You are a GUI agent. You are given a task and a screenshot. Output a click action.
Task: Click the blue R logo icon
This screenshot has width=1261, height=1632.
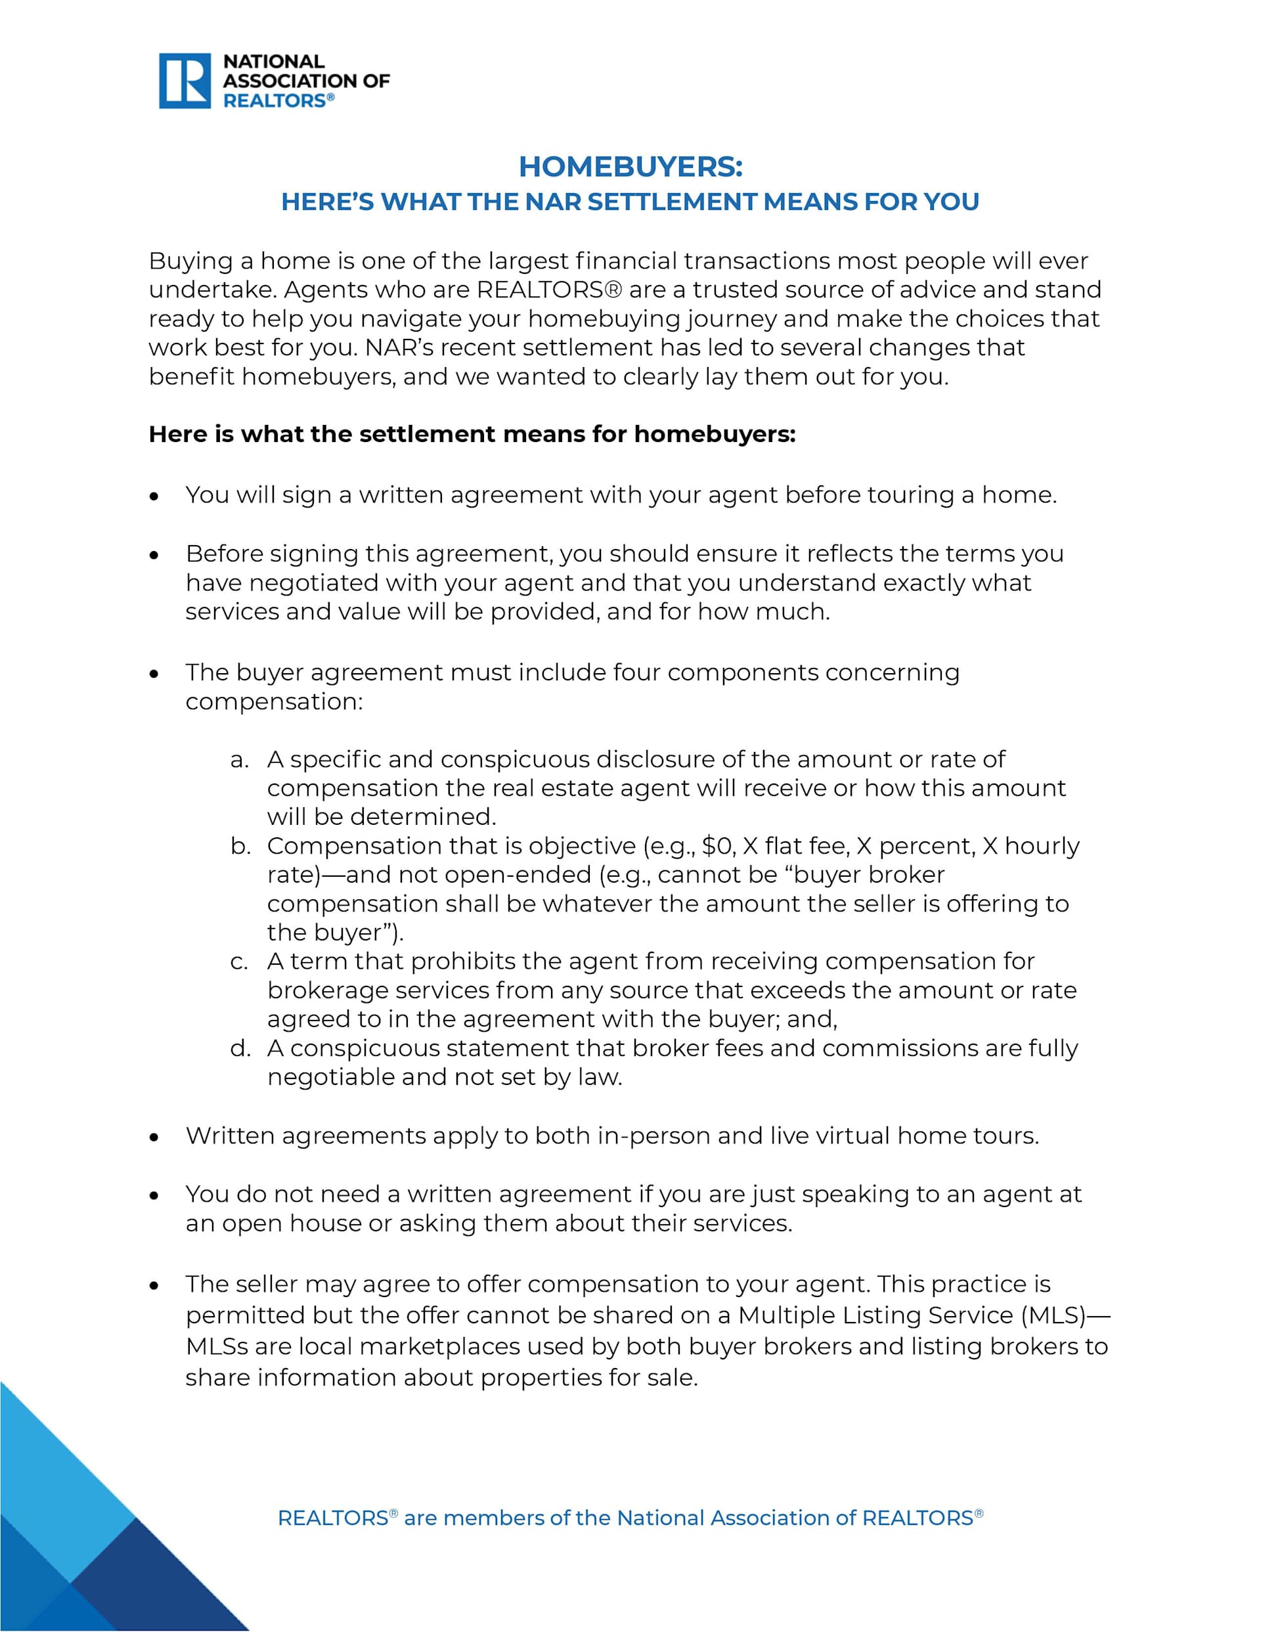click(x=185, y=81)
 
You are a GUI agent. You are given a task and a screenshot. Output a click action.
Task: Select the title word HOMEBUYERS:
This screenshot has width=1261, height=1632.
click(x=630, y=167)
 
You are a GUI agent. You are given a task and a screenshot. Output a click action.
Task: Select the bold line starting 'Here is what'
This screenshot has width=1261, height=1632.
click(x=472, y=434)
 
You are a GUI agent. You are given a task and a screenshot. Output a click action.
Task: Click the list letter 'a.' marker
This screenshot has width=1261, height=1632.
click(x=239, y=760)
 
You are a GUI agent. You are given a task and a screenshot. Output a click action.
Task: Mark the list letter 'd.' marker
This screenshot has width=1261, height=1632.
click(x=240, y=1048)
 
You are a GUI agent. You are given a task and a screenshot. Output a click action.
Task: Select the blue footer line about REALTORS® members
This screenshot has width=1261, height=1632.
click(x=630, y=1518)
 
